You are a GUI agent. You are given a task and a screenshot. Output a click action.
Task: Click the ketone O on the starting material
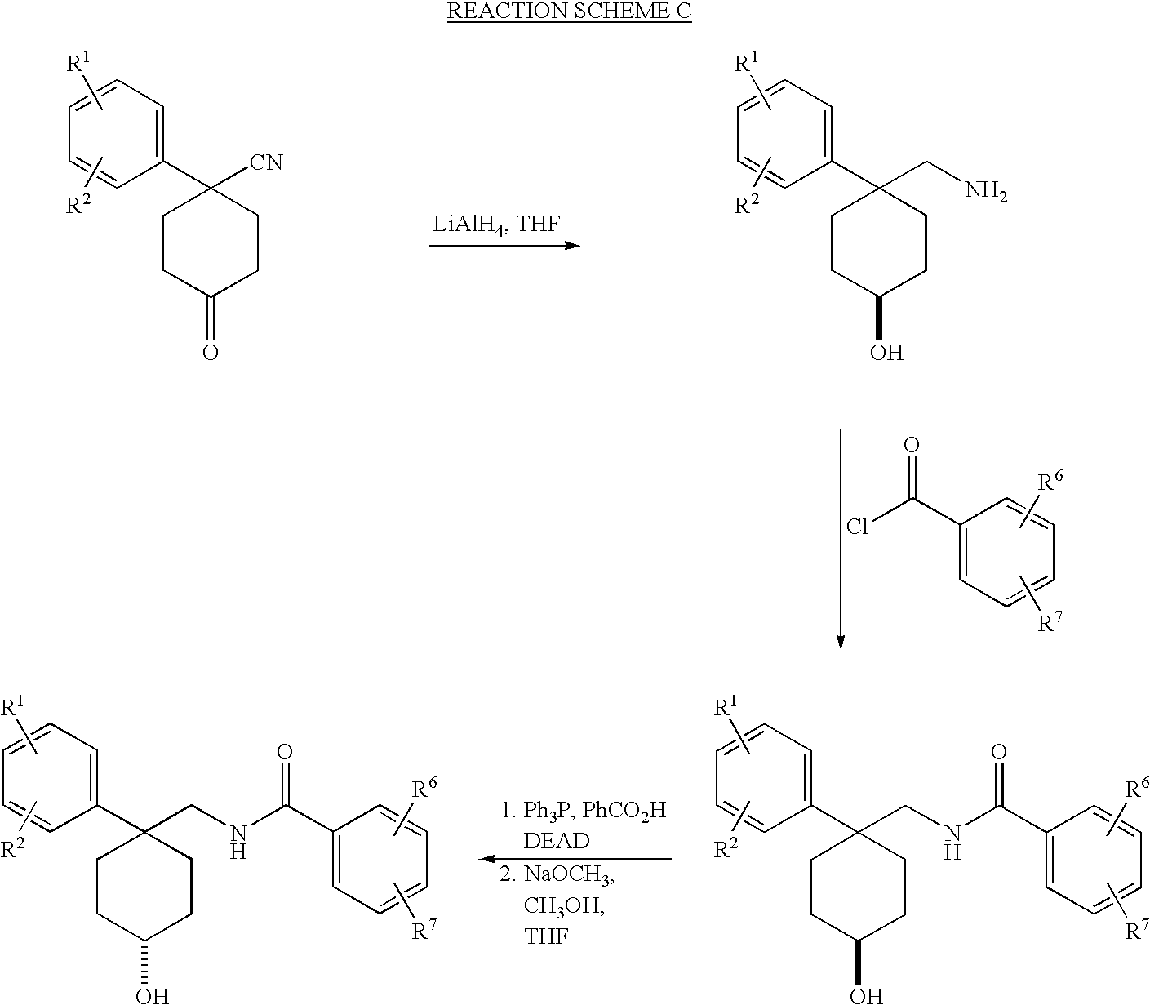[211, 353]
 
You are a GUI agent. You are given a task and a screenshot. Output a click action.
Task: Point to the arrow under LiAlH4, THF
[504, 245]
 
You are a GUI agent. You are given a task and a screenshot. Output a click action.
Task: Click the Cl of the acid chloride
[857, 527]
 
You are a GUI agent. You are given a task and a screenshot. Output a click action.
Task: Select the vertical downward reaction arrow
[840, 539]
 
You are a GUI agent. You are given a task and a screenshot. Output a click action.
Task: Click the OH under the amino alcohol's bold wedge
[886, 354]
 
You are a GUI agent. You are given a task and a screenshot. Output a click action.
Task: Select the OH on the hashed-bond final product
[152, 994]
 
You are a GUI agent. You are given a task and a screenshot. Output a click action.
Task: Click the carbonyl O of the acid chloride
[912, 446]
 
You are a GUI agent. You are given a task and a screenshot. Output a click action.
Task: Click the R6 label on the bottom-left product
[423, 788]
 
